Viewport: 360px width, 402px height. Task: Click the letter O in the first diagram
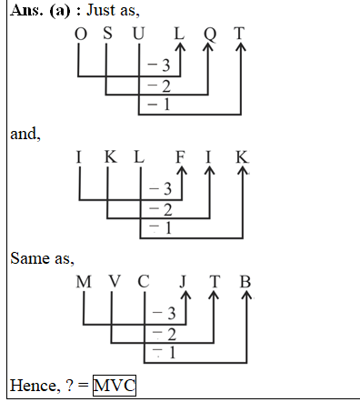81,34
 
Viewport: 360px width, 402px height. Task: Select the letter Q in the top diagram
210,34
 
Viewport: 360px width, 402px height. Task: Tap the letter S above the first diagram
110,34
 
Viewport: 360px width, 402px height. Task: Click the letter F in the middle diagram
180,156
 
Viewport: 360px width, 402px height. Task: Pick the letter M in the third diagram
84,281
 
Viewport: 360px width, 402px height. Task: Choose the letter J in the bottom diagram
185,281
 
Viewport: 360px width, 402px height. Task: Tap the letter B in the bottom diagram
245,281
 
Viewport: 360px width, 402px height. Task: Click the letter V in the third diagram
114,281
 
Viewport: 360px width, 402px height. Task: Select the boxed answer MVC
114,386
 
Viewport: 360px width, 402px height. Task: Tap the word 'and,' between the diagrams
25,134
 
